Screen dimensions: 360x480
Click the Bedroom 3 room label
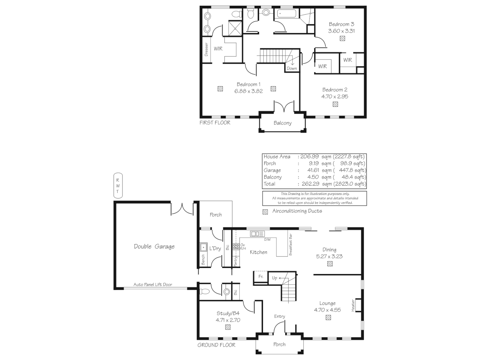point(341,24)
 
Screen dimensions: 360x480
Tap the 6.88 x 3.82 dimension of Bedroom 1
point(248,91)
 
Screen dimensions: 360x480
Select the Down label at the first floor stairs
point(292,68)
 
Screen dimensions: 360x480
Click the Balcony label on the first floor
point(282,123)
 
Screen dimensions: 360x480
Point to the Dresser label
point(206,49)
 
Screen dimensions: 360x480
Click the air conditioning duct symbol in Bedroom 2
point(335,104)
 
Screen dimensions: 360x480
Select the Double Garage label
point(154,247)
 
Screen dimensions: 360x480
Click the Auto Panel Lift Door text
point(153,285)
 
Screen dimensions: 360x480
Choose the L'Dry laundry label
point(215,248)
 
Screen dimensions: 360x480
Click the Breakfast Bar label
point(290,244)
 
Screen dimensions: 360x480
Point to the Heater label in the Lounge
point(353,305)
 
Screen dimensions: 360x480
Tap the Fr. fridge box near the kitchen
point(261,277)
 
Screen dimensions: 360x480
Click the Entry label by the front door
point(279,316)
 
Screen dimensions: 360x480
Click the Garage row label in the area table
point(272,170)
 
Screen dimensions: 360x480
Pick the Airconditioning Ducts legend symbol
point(265,212)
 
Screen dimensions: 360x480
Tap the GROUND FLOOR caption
point(216,345)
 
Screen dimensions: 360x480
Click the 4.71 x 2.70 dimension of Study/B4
point(228,320)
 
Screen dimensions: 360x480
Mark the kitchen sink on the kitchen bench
point(257,234)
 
